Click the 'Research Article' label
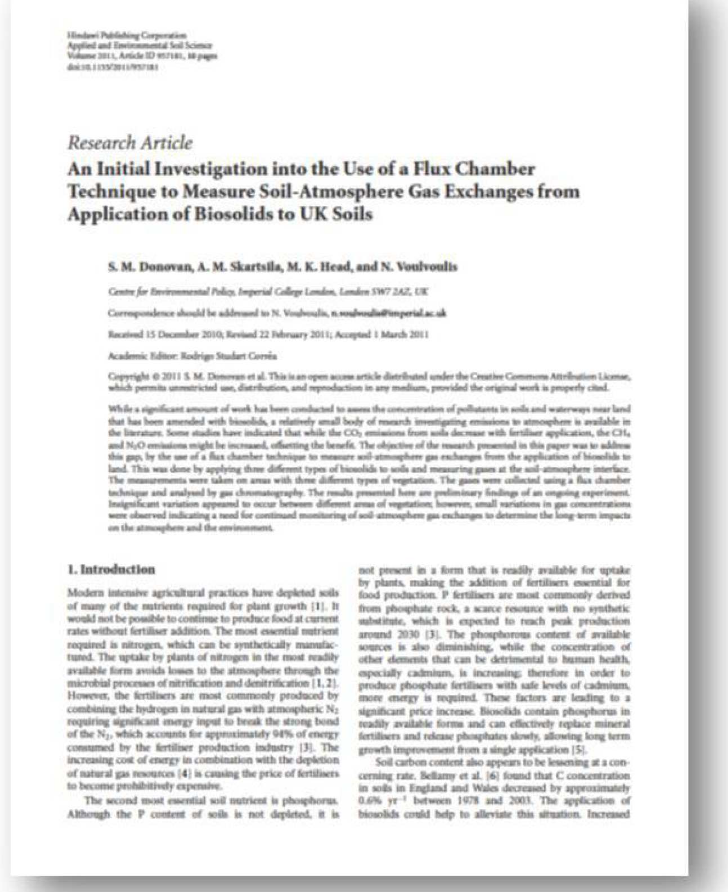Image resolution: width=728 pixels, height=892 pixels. (130, 143)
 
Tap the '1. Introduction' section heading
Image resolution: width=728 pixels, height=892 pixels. (111, 569)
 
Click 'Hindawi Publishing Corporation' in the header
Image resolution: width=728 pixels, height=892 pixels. (127, 35)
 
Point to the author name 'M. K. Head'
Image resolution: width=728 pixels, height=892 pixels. (318, 267)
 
